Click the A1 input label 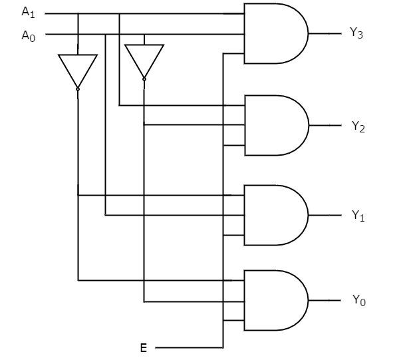click(x=29, y=12)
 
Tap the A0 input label click(x=29, y=35)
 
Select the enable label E click(x=143, y=347)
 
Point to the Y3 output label click(x=356, y=34)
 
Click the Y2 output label click(x=358, y=126)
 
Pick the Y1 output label click(x=358, y=216)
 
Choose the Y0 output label click(x=358, y=301)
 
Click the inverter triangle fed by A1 click(x=78, y=69)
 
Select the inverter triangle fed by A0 click(x=144, y=60)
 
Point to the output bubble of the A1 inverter click(x=78, y=89)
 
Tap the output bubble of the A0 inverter click(x=144, y=79)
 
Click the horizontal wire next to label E click(x=189, y=347)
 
